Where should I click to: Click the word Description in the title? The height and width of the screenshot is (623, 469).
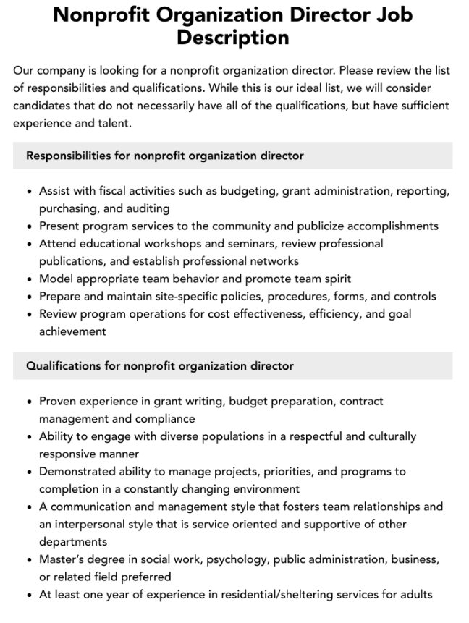[234, 37]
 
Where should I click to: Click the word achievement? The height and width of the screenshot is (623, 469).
[72, 331]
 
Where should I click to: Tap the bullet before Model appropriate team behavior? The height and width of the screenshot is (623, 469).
[28, 279]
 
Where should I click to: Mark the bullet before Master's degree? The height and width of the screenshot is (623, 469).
[28, 559]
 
